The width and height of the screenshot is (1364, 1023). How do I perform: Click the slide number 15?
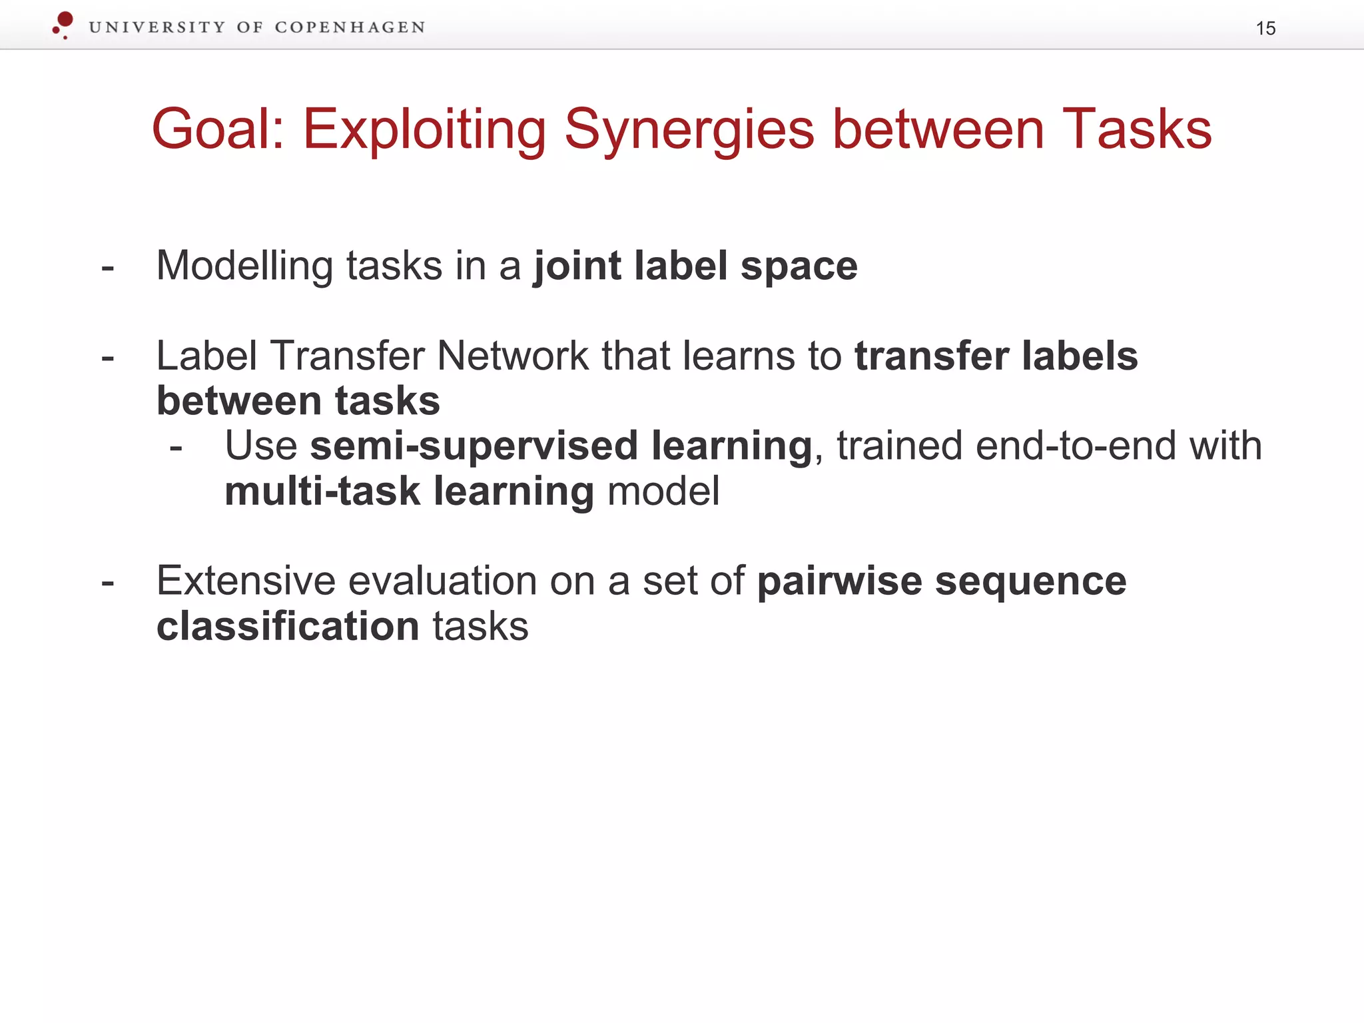[1265, 29]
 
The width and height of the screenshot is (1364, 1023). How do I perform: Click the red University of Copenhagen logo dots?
[63, 24]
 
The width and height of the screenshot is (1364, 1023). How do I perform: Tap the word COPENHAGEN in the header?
[350, 27]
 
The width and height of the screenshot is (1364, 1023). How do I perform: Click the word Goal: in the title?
[218, 129]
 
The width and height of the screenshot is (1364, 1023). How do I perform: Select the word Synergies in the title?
[689, 131]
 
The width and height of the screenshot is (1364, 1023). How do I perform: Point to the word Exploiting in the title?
[424, 131]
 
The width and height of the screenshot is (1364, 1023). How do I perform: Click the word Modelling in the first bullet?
[244, 266]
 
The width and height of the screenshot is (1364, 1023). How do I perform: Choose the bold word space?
[799, 267]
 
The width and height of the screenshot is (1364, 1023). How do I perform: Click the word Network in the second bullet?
[512, 356]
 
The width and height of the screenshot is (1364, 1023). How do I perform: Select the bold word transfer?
[931, 356]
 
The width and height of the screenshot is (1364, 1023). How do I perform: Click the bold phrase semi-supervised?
[474, 446]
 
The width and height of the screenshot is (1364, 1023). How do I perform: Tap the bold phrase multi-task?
[322, 492]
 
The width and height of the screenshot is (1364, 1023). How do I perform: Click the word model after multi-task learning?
[663, 492]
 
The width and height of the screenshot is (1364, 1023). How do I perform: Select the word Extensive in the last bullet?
[245, 581]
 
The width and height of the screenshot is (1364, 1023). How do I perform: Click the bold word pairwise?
[839, 581]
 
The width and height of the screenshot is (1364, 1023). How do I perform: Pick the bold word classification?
[288, 627]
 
